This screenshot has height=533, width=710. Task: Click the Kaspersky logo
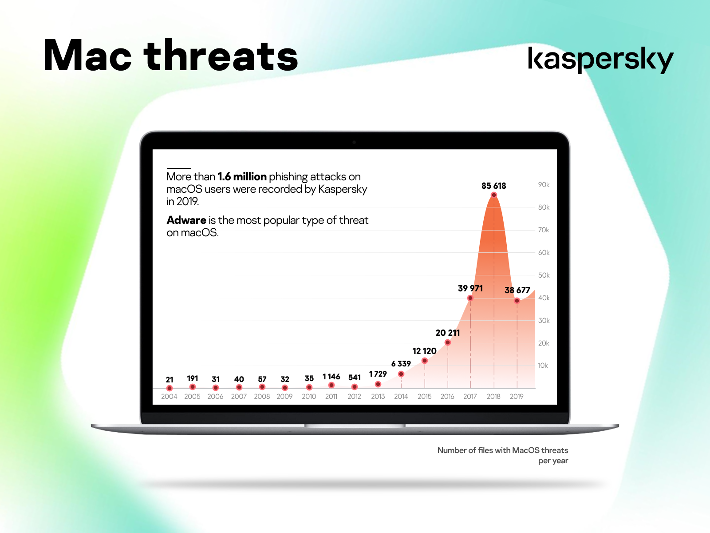tap(600, 60)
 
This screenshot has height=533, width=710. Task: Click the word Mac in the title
tap(87, 55)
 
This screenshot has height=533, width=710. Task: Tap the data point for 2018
tap(493, 195)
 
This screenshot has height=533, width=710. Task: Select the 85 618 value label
tap(493, 186)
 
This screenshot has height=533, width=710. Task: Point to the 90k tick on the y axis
tap(544, 184)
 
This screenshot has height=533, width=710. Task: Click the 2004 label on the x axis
tap(169, 397)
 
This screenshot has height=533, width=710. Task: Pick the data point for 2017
tap(470, 298)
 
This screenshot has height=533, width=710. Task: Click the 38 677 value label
tap(517, 290)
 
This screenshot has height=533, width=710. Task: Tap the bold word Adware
tap(186, 220)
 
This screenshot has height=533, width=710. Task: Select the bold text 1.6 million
tap(242, 177)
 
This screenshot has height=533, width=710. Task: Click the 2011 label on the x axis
tap(331, 397)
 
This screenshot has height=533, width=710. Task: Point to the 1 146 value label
tap(331, 376)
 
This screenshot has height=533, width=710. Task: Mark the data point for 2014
tap(401, 374)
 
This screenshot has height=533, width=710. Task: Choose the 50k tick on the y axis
tap(544, 275)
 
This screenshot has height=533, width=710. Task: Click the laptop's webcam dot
tap(354, 142)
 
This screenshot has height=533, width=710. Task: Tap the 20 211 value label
tap(448, 333)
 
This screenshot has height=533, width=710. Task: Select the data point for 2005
tap(193, 387)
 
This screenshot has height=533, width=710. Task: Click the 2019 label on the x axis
tap(517, 397)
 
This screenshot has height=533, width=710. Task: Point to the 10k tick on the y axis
tap(543, 366)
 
